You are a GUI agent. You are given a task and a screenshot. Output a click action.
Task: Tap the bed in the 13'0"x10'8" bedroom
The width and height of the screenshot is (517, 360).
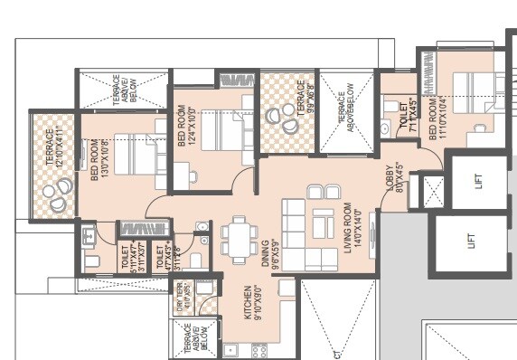tap(136, 156)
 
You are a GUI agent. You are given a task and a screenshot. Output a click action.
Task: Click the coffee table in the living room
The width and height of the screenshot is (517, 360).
tap(324, 222)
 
